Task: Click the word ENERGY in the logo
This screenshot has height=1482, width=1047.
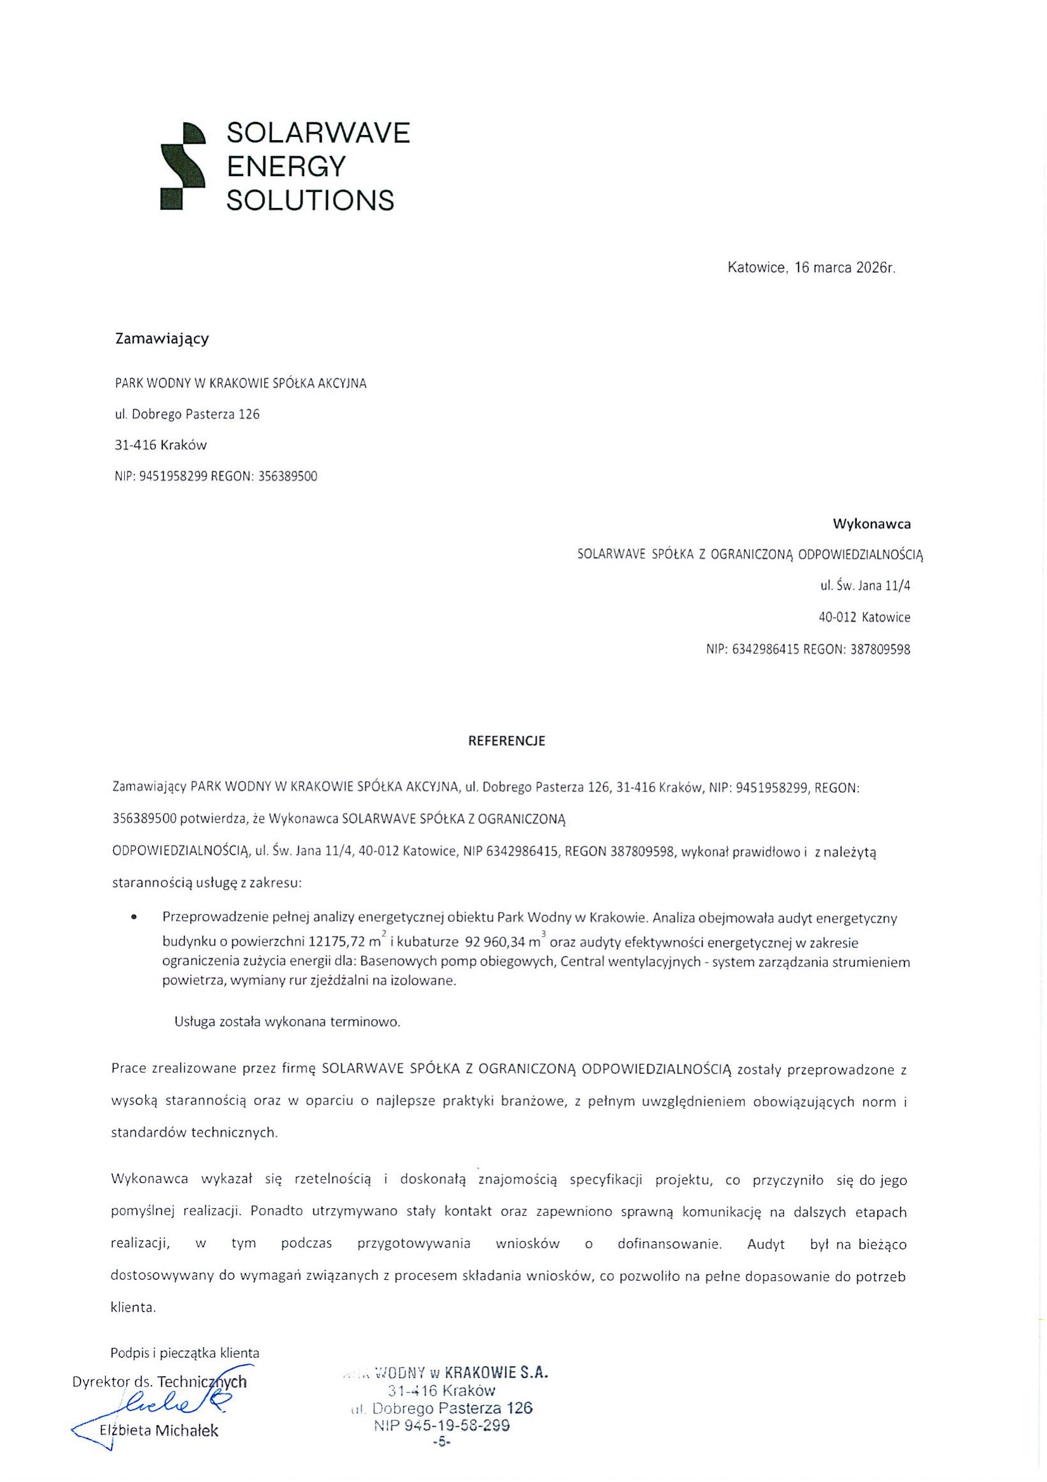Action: pyautogui.click(x=286, y=167)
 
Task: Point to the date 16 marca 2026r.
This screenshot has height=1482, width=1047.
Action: pyautogui.click(x=845, y=268)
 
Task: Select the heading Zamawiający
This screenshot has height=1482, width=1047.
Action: pyautogui.click(x=162, y=338)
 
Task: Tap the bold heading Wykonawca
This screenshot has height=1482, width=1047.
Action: pyautogui.click(x=872, y=523)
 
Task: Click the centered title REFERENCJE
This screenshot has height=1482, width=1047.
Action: pyautogui.click(x=507, y=741)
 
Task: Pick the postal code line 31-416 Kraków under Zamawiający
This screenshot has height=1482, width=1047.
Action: pyautogui.click(x=161, y=445)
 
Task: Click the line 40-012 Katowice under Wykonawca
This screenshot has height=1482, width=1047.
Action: pyautogui.click(x=865, y=617)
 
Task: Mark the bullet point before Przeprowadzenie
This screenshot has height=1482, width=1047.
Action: pyautogui.click(x=134, y=917)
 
